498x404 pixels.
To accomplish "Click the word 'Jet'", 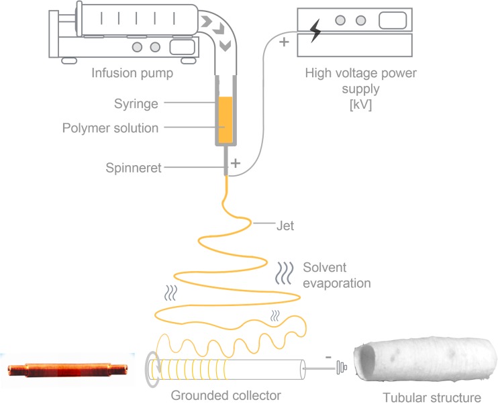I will [x=285, y=226].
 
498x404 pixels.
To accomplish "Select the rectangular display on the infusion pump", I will [x=182, y=48].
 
